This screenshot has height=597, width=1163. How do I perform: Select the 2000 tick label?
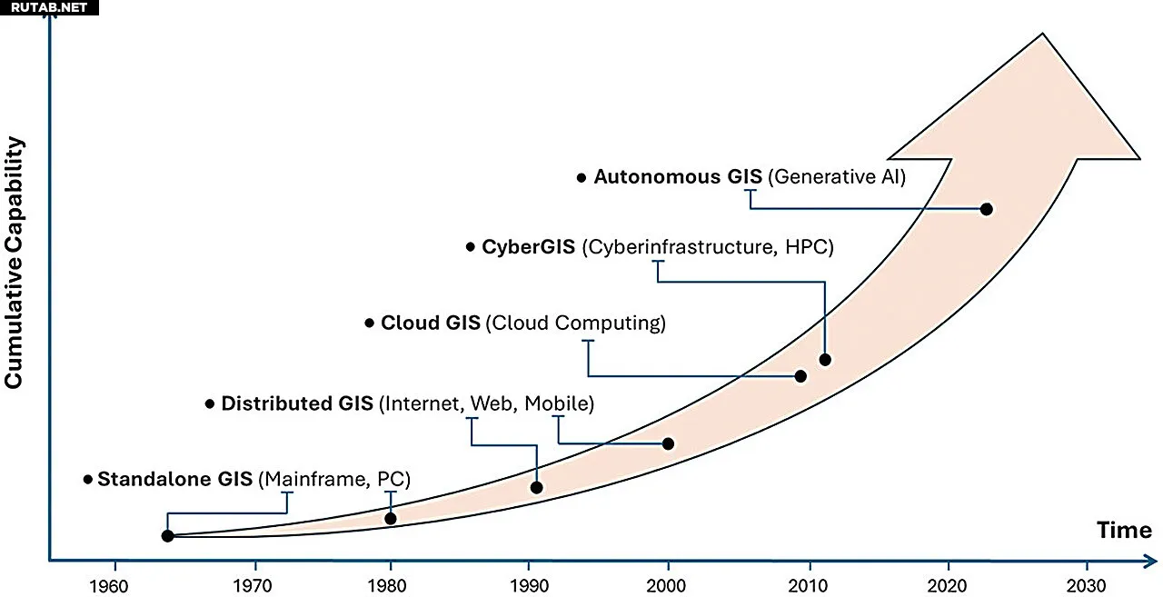(x=669, y=583)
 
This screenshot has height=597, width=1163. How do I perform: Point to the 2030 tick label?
(x=1087, y=583)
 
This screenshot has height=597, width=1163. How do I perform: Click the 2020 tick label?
(x=949, y=583)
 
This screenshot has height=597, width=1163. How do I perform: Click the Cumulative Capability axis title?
(x=14, y=264)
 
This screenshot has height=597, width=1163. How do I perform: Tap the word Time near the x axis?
(x=1124, y=531)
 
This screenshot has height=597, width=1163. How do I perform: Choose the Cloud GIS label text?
(x=430, y=323)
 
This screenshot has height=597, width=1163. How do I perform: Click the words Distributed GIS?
(x=297, y=403)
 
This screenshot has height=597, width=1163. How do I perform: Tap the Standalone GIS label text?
(x=174, y=479)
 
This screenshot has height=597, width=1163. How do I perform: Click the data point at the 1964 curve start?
(x=167, y=536)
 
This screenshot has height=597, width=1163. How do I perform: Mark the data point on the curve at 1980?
(x=391, y=519)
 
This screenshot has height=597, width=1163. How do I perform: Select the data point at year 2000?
(x=669, y=443)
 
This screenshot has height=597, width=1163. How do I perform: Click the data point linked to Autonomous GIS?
(x=987, y=209)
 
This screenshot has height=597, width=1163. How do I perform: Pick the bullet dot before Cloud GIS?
(x=369, y=323)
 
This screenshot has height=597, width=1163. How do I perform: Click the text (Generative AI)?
(x=837, y=177)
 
